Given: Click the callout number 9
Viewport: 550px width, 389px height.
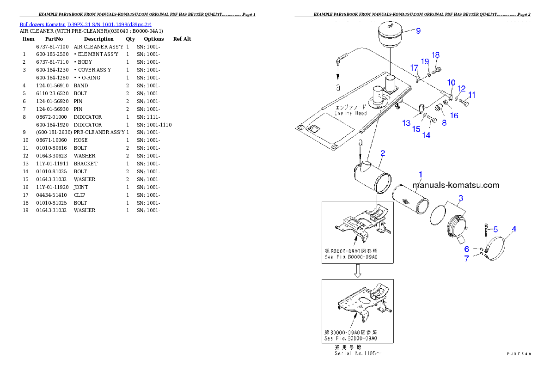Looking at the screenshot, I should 418,31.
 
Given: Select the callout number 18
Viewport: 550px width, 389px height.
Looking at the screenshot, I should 435,55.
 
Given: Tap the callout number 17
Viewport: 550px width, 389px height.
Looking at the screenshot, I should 414,67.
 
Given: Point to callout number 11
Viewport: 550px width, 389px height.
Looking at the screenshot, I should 471,95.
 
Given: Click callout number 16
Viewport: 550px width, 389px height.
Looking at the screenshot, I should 454,115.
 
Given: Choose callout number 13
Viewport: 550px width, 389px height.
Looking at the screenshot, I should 406,123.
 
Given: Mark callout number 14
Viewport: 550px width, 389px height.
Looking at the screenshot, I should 426,135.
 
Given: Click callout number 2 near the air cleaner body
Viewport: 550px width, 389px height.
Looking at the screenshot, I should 383,153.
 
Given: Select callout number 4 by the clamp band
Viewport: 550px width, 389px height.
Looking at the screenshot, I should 514,229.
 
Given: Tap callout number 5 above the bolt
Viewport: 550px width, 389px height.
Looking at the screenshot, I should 495,229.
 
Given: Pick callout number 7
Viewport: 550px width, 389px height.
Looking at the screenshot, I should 467,259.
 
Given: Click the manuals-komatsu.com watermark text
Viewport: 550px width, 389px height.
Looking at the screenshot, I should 456,185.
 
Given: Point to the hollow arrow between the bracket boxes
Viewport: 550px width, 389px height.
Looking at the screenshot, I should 357,272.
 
